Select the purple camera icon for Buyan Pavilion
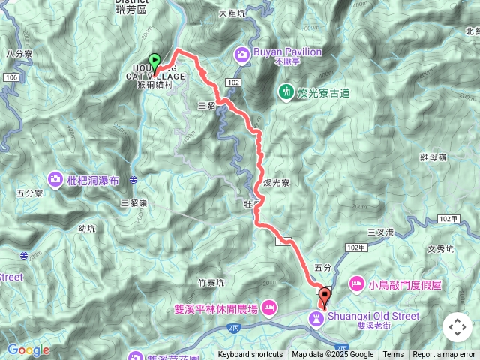pyautogui.click(x=242, y=53)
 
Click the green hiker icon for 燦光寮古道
pyautogui.click(x=286, y=92)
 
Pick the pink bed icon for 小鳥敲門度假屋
pyautogui.click(x=357, y=284)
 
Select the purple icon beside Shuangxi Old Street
pyautogui.click(x=318, y=319)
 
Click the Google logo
pyautogui.click(x=28, y=349)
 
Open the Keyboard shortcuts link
pyautogui.click(x=250, y=355)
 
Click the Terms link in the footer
pyautogui.click(x=393, y=355)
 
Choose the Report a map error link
pyautogui.click(x=444, y=355)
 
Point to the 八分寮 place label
pyautogui.click(x=17, y=54)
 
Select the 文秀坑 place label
pyautogui.click(x=440, y=248)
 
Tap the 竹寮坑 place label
pyautogui.click(x=211, y=282)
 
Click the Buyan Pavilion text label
pyautogui.click(x=288, y=52)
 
